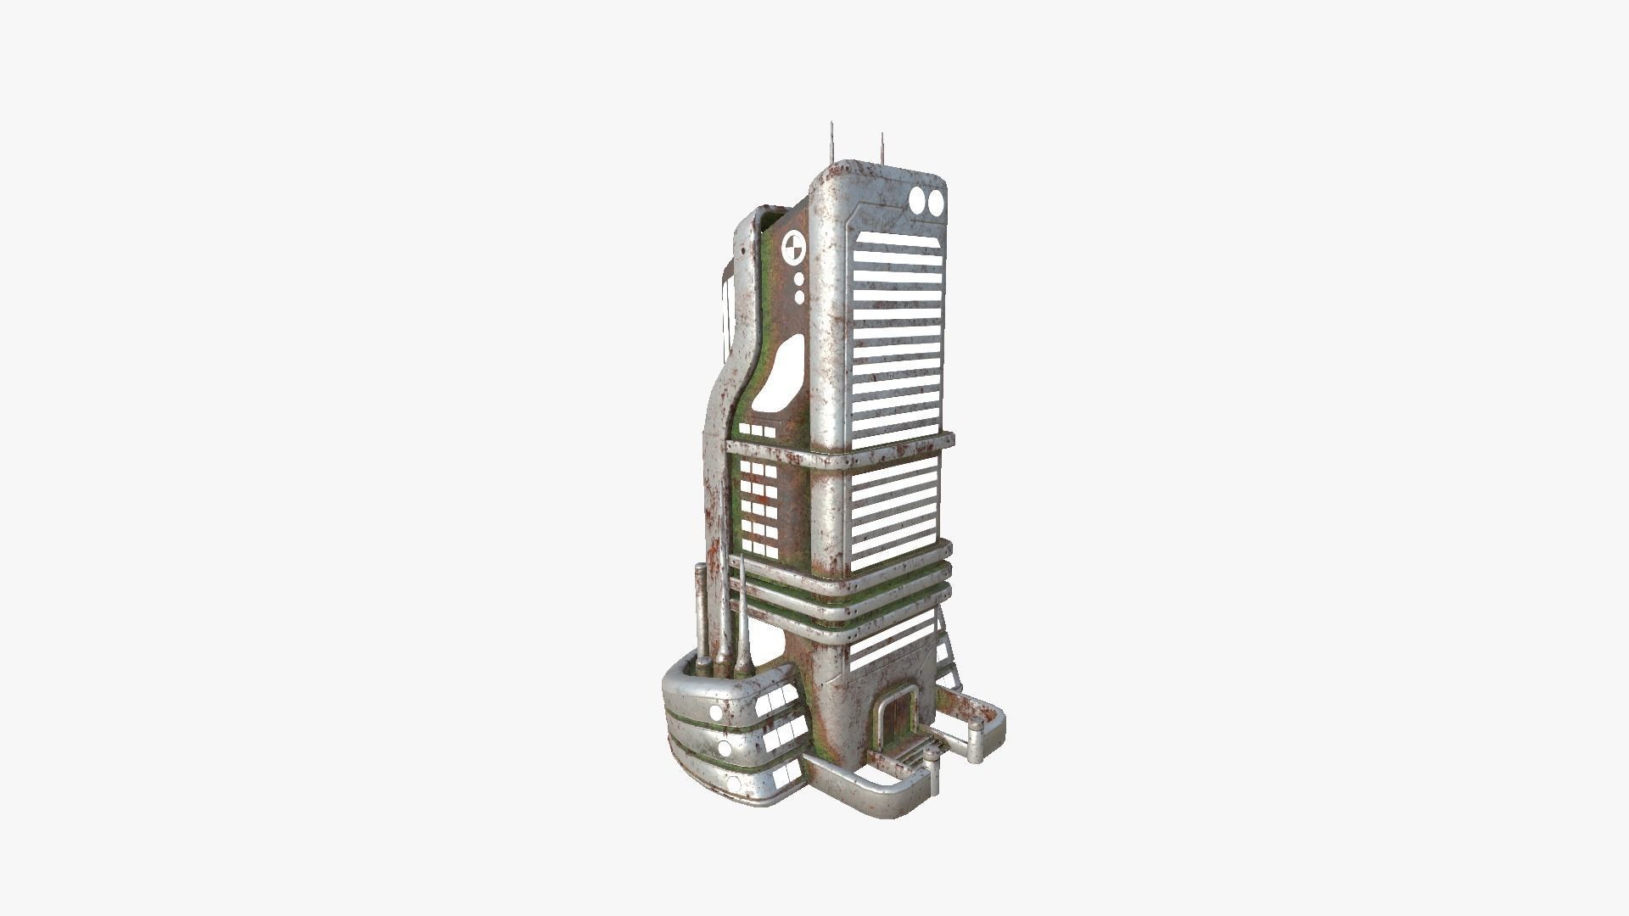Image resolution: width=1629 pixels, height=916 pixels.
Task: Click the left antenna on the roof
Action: pos(832,144)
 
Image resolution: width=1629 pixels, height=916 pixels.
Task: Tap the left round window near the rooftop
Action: pos(918,202)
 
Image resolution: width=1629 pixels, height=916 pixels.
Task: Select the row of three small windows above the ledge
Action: pos(757,432)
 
